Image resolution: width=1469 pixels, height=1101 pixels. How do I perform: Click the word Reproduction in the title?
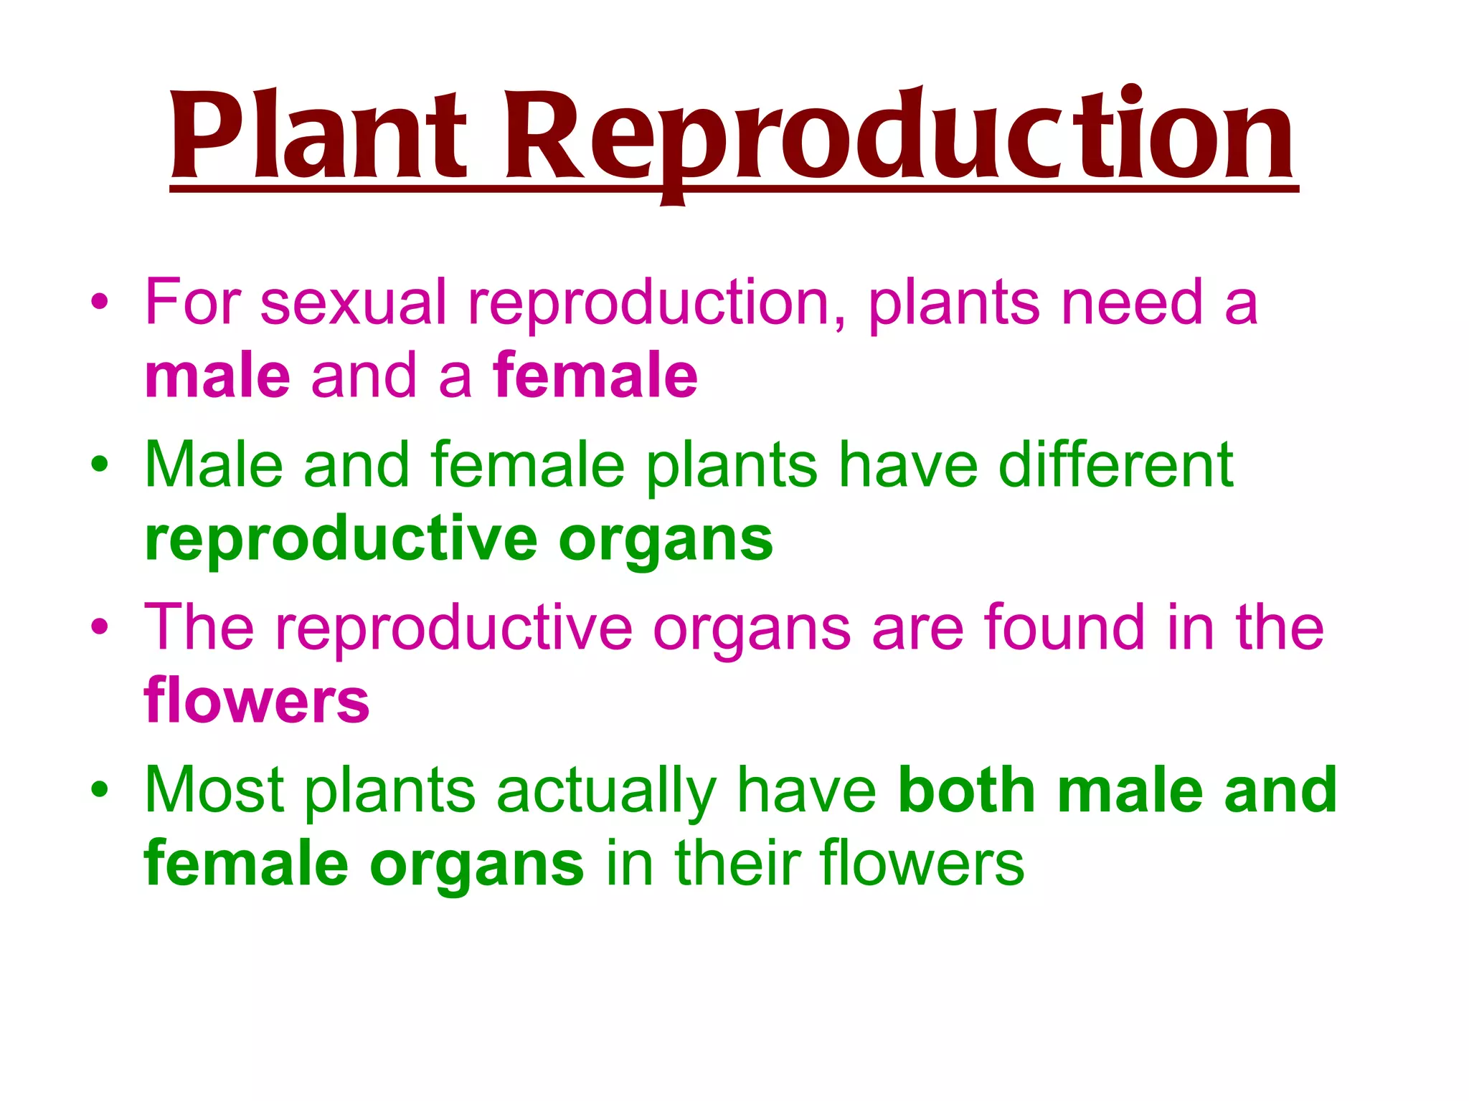(x=899, y=136)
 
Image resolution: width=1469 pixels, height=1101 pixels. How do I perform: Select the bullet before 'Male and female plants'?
(x=100, y=464)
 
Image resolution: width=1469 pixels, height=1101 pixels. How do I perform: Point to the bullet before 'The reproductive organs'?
(x=100, y=626)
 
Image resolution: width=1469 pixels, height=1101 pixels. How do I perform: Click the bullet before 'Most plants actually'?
(x=100, y=789)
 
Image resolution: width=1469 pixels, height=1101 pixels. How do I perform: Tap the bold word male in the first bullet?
(x=217, y=376)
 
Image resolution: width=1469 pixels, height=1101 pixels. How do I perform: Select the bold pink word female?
(x=595, y=376)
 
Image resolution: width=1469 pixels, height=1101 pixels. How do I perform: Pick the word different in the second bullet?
(x=1115, y=465)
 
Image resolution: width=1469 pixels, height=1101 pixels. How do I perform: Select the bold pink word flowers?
(x=257, y=702)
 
